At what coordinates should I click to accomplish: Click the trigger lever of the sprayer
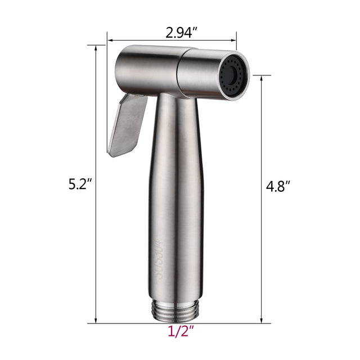[x=126, y=124]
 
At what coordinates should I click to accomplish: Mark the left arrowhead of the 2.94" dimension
[x=110, y=40]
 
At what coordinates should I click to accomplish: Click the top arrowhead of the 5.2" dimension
[x=96, y=48]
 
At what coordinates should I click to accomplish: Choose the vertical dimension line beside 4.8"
[x=262, y=141]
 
